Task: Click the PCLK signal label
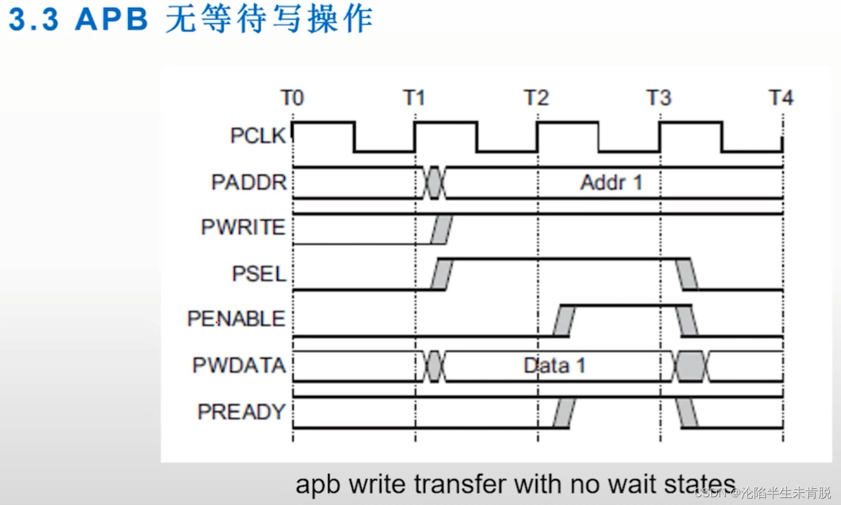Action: [x=258, y=136]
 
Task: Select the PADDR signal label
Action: [x=249, y=182]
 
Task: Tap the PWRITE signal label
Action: [x=243, y=228]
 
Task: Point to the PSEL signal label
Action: [x=259, y=274]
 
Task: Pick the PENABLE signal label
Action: [x=236, y=319]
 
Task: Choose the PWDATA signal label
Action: [x=239, y=365]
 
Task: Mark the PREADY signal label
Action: [x=241, y=412]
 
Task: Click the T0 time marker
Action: [x=292, y=98]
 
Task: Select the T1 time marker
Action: [x=414, y=98]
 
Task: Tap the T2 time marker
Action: [x=537, y=98]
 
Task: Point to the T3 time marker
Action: [x=659, y=98]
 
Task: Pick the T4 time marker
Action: [x=781, y=98]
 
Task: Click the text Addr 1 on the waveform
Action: [x=611, y=182]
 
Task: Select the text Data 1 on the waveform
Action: [x=554, y=365]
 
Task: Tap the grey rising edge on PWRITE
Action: [x=442, y=230]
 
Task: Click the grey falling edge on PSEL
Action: [x=688, y=274]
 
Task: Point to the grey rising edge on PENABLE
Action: [x=564, y=320]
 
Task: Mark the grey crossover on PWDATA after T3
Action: [x=691, y=367]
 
